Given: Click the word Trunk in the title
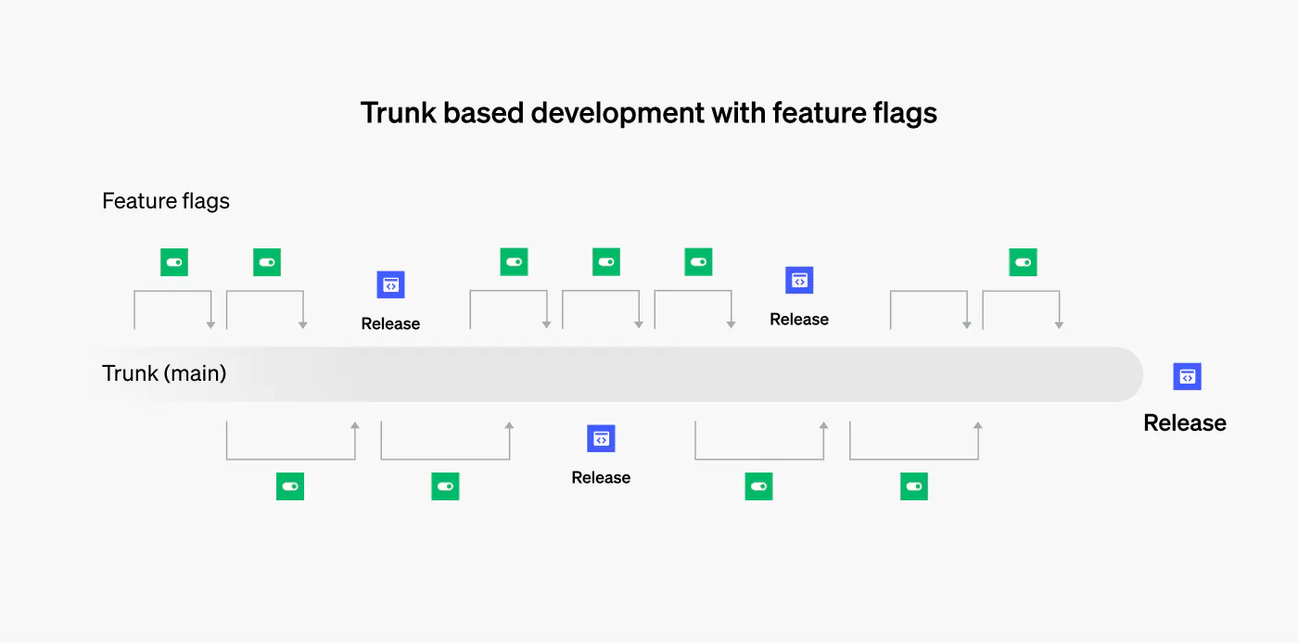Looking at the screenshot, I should tap(398, 113).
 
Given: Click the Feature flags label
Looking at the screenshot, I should tap(166, 201).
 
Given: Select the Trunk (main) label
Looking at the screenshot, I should tap(164, 373).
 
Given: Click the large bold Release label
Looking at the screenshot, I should tap(1184, 423).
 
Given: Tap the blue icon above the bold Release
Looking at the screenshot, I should tap(1187, 376).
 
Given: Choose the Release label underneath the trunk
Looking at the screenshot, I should tap(601, 478).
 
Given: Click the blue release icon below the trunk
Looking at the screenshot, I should tap(601, 438).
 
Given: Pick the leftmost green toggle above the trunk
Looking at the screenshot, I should tap(174, 262).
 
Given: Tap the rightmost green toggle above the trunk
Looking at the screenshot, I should tap(1023, 262).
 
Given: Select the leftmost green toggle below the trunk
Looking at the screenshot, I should tap(290, 486).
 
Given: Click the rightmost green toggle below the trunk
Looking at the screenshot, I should tap(913, 486).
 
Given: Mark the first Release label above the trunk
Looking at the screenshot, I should tap(390, 324).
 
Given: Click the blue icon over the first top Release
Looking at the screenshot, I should tap(390, 284).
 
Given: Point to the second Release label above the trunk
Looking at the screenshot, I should tap(799, 320).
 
